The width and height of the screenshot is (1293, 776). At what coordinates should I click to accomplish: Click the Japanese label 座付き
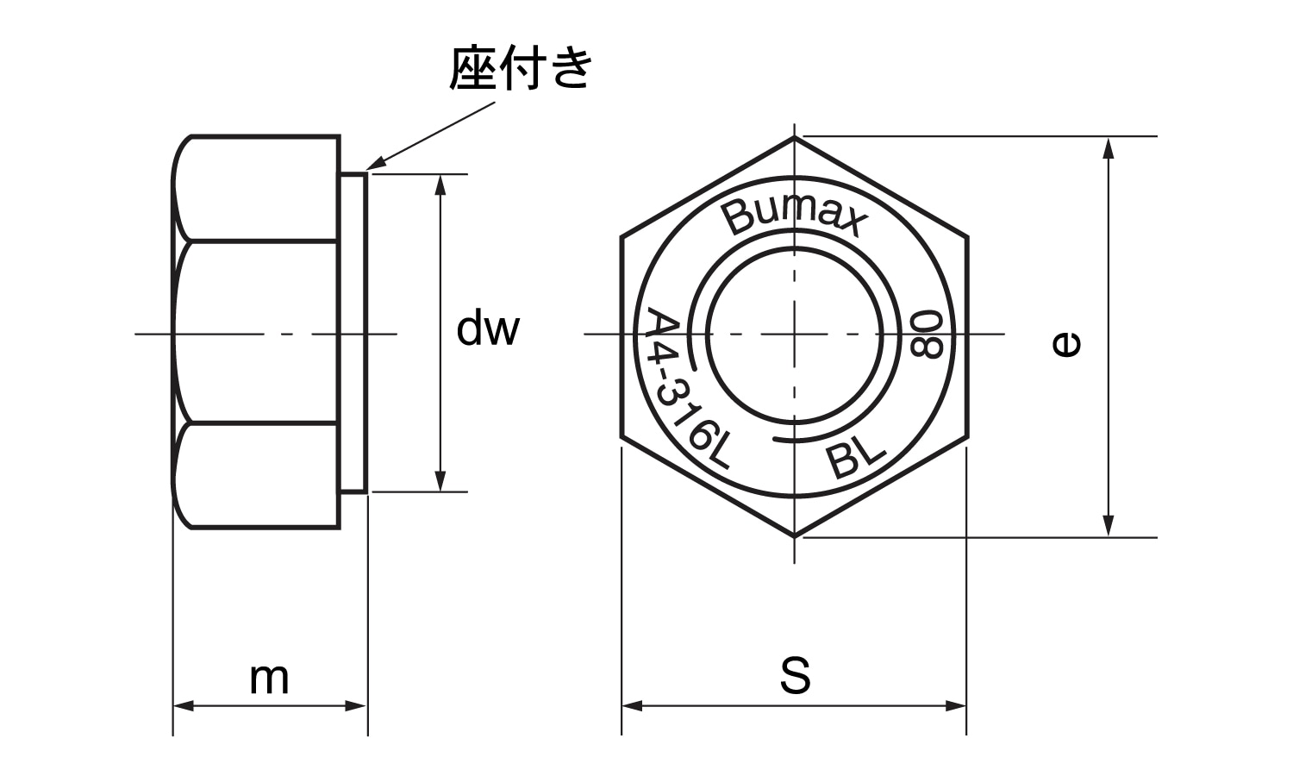tap(521, 69)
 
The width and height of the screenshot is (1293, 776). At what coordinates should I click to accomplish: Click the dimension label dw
tap(488, 329)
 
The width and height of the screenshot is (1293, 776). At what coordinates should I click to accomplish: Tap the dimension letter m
tap(269, 679)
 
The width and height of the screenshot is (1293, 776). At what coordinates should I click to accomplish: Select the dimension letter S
tap(795, 676)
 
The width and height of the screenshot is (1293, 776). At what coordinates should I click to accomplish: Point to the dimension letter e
tap(1066, 344)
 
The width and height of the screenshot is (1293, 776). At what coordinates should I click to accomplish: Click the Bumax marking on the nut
tap(794, 217)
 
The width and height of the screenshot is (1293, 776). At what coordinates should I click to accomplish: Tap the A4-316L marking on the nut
tap(686, 388)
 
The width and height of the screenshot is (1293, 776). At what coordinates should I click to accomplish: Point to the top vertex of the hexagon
tap(794, 137)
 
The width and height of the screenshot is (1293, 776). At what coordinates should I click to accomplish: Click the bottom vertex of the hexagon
tap(794, 536)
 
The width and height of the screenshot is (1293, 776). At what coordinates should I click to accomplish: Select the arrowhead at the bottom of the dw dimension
tap(440, 484)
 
